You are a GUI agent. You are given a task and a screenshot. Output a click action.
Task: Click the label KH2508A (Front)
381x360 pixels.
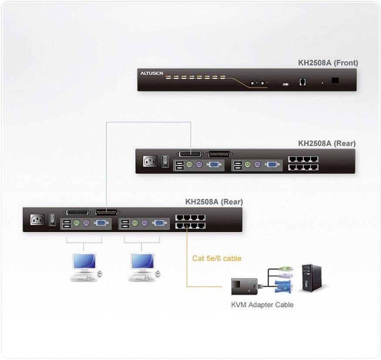click(x=328, y=63)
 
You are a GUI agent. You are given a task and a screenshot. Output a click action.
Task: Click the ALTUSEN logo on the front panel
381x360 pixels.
click(x=152, y=74)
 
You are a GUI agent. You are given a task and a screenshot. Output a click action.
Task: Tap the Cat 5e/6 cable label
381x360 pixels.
click(x=216, y=258)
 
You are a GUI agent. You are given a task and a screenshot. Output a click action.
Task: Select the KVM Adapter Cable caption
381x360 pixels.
click(x=262, y=305)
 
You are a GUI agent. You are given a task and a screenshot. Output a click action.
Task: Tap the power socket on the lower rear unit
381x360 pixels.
click(x=37, y=220)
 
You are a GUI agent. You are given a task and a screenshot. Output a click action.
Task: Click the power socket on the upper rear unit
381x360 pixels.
click(x=150, y=161)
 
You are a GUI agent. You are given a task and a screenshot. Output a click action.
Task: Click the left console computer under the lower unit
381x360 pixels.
click(x=85, y=267)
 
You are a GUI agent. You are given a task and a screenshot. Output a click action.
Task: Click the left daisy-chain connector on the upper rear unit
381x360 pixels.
click(x=190, y=154)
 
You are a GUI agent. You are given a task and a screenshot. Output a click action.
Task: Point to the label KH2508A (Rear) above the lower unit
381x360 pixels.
click(x=214, y=202)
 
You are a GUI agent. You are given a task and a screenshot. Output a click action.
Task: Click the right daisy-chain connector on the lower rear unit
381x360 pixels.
click(x=106, y=212)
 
